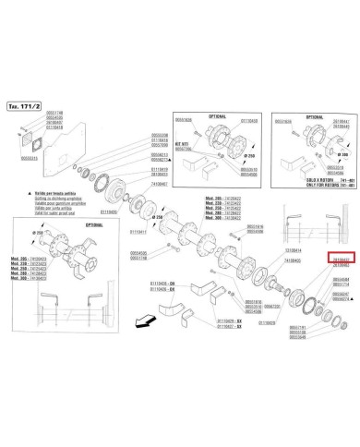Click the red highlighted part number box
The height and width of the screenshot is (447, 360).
coord(341,260)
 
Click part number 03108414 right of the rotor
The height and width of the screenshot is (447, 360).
coord(293,249)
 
